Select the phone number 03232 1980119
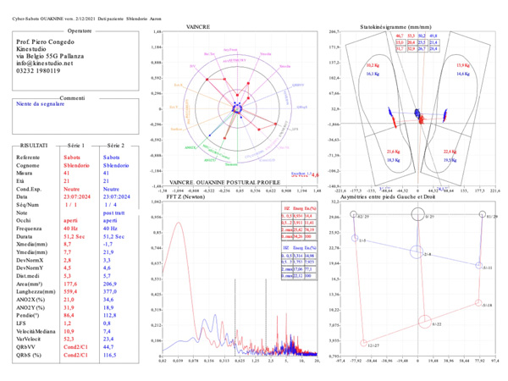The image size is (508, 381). [x=41, y=71]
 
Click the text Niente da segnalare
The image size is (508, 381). [x=39, y=106]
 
